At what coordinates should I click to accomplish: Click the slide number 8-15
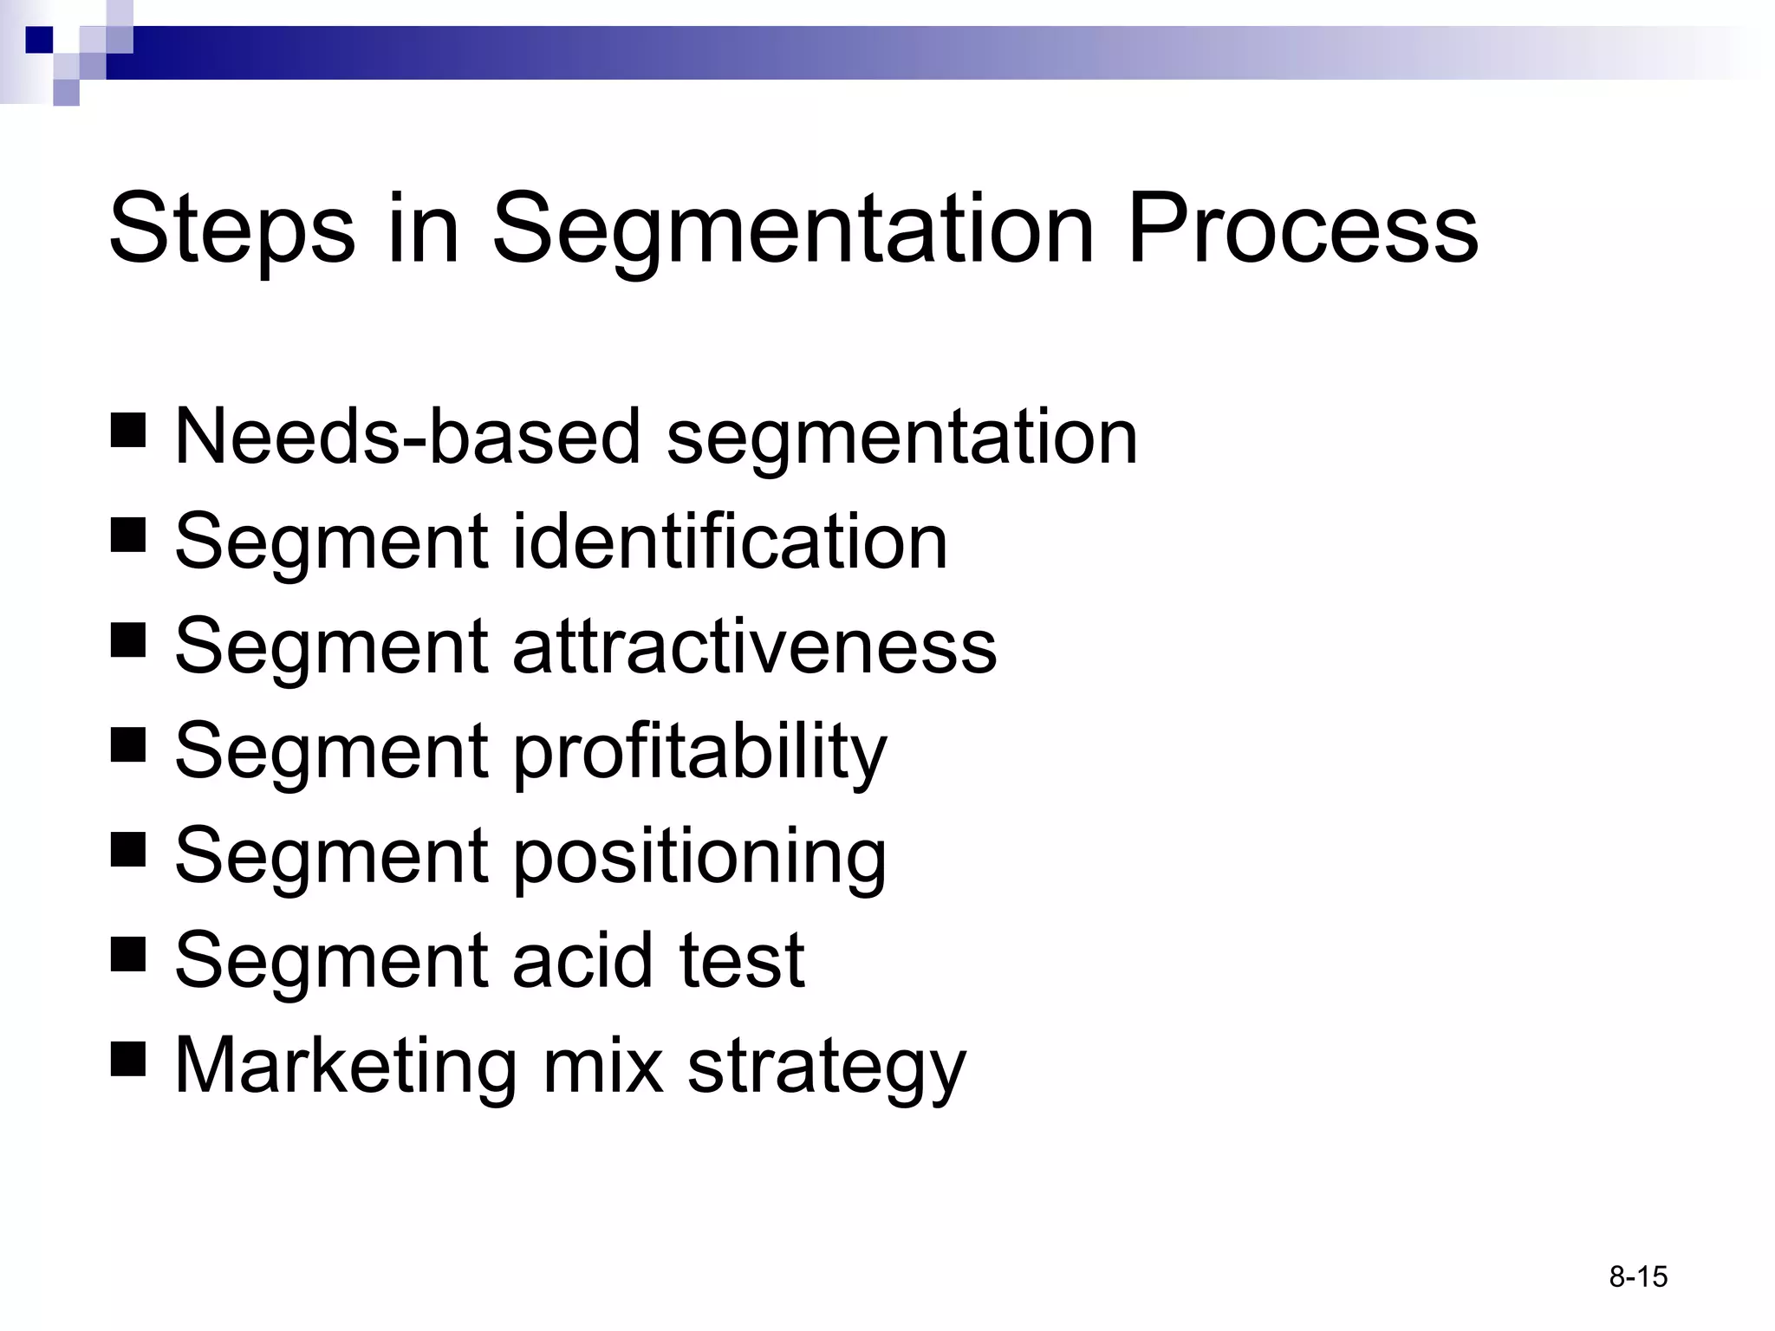[x=1638, y=1276]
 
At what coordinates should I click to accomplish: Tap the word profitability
[x=700, y=752]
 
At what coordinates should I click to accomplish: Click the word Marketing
[x=345, y=1066]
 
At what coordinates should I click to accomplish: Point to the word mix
[x=603, y=1066]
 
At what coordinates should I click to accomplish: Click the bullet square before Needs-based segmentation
[x=128, y=430]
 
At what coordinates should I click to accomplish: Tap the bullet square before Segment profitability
[x=128, y=744]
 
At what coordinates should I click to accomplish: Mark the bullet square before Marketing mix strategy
[x=128, y=1059]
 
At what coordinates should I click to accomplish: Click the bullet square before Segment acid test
[x=128, y=954]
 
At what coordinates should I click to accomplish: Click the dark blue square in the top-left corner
[x=39, y=39]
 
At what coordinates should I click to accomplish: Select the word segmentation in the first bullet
[x=901, y=438]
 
